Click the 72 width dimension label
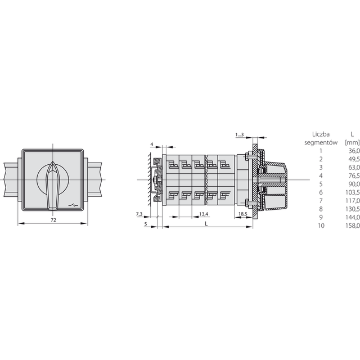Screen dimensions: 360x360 coord(53,220)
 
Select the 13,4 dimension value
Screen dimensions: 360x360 coord(204,214)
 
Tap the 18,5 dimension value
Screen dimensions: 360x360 coord(242,214)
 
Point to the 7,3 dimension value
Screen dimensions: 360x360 coord(139,214)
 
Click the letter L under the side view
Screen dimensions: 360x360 coord(206,224)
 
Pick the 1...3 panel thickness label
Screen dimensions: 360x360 coord(240,135)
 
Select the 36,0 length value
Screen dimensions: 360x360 coord(354,151)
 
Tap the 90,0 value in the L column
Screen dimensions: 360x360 coord(354,184)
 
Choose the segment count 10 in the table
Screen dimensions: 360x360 coord(321,226)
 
